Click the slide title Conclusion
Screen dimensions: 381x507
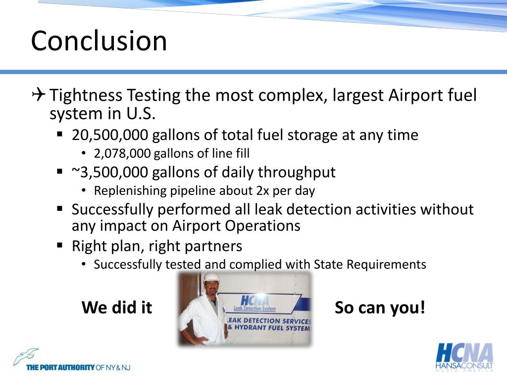click(x=99, y=41)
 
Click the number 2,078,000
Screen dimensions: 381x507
click(x=122, y=154)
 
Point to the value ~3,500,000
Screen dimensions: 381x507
click(x=109, y=172)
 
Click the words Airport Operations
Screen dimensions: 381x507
click(x=237, y=226)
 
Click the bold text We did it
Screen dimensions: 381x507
click(x=117, y=308)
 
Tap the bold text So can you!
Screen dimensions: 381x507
click(x=380, y=308)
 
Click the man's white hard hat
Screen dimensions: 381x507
click(x=212, y=278)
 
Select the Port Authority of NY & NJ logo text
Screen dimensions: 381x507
click(x=78, y=368)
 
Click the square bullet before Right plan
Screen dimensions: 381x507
click(x=59, y=245)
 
